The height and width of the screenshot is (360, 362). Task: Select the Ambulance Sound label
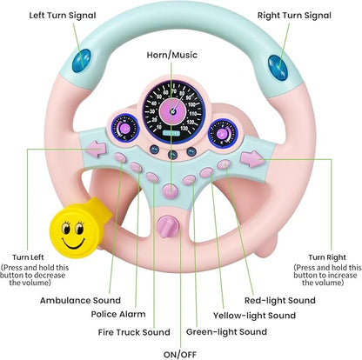pyautogui.click(x=80, y=300)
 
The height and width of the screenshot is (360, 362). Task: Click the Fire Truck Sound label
pyautogui.click(x=132, y=330)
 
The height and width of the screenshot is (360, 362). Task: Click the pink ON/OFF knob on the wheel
pyautogui.click(x=167, y=228)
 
